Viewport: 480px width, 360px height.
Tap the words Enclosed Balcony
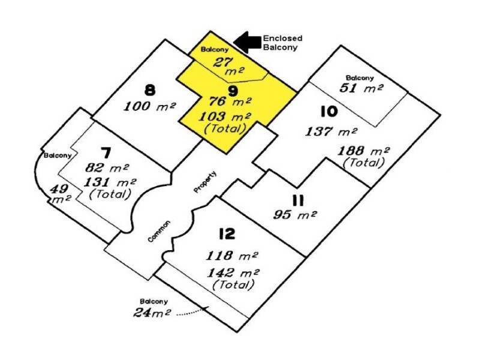(x=283, y=43)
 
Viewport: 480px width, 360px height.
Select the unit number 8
(x=150, y=91)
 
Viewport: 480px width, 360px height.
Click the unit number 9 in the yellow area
(x=233, y=91)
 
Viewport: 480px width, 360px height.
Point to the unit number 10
(x=329, y=112)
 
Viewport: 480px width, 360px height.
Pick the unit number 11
(x=298, y=201)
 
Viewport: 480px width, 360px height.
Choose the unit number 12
(x=227, y=234)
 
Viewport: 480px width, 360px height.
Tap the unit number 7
(x=106, y=153)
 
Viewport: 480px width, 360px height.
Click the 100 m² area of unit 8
(x=149, y=106)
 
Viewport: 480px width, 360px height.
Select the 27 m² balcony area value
(x=229, y=66)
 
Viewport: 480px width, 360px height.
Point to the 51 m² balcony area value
(x=361, y=88)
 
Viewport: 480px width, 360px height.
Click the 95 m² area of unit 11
(x=295, y=214)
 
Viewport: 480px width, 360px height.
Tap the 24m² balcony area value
(x=152, y=313)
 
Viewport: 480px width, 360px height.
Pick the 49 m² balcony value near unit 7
(x=61, y=193)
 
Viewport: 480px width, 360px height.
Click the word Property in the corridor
(x=205, y=182)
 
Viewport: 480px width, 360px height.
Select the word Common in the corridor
(x=159, y=231)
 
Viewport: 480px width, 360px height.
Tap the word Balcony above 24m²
(x=154, y=302)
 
